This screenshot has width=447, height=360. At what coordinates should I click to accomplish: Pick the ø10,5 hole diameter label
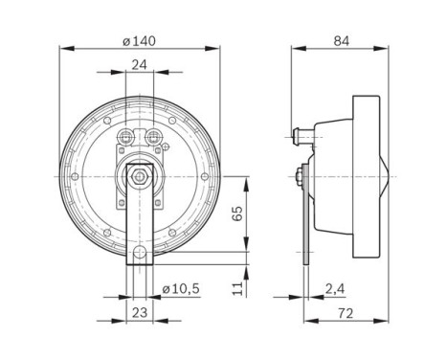coord(181,286)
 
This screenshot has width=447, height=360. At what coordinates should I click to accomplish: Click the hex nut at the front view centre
coord(139,175)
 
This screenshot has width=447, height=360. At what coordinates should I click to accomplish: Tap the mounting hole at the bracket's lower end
coord(139,254)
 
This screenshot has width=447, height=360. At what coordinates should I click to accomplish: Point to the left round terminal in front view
coord(125,135)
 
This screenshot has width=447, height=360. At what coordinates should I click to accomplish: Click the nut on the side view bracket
coord(301,176)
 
